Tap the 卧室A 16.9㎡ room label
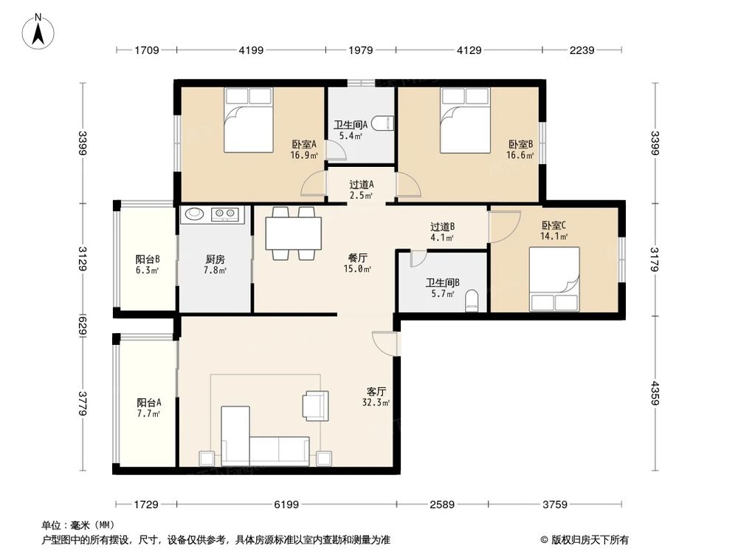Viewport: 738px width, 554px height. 304,150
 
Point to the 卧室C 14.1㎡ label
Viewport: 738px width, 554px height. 554,231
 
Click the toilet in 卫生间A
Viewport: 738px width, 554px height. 381,123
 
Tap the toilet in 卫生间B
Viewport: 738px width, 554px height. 474,299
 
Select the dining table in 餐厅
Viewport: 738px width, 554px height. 294,233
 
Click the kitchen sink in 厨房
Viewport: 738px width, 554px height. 195,214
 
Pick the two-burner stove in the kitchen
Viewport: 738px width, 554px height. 227,215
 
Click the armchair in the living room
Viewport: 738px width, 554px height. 315,406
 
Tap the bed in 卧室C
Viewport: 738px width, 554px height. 554,278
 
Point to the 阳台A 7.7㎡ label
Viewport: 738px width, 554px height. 148,408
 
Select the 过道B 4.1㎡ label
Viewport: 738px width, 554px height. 442,232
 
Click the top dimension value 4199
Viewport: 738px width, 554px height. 251,50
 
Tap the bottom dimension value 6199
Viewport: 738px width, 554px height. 286,505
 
